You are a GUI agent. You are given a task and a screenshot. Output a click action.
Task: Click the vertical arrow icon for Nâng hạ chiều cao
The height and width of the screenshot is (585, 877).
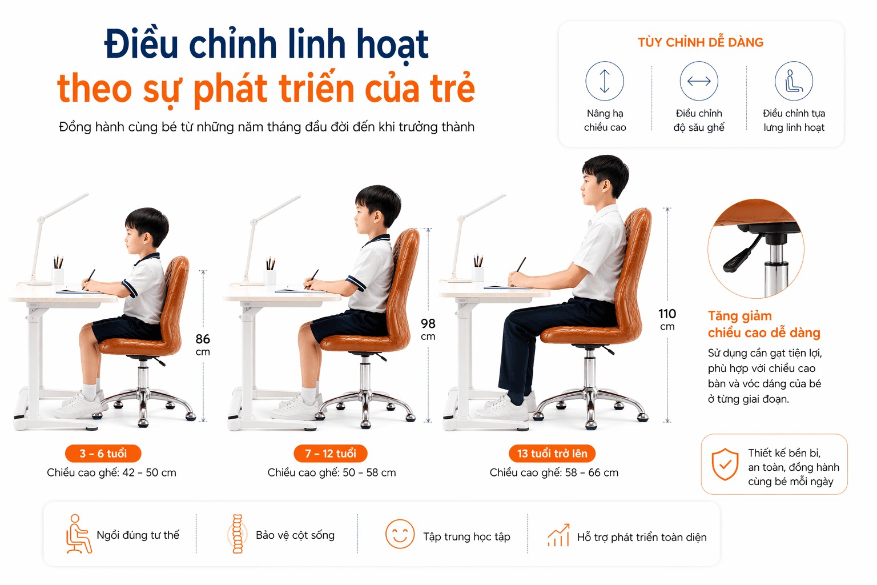click(605, 81)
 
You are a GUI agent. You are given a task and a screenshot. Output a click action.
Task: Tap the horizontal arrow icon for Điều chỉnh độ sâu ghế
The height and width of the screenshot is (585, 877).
click(699, 81)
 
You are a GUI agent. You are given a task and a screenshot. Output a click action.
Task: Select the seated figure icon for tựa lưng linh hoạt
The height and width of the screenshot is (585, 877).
click(794, 81)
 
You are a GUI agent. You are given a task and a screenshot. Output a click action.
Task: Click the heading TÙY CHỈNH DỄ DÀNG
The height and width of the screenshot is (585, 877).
click(701, 42)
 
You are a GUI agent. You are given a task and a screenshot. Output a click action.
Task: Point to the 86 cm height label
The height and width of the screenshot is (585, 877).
click(203, 344)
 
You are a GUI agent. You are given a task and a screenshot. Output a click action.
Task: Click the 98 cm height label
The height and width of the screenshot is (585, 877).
click(428, 329)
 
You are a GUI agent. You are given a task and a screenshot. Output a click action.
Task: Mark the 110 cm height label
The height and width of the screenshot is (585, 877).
click(667, 319)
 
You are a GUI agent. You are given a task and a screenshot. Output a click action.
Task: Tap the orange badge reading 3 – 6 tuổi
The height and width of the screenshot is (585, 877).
click(103, 454)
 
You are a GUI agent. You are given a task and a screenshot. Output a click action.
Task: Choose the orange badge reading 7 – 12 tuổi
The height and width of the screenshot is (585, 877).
click(331, 454)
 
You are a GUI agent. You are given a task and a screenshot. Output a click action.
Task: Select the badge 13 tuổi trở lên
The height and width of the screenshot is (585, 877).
click(552, 454)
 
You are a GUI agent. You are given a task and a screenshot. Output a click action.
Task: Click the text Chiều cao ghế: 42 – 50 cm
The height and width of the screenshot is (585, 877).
click(111, 472)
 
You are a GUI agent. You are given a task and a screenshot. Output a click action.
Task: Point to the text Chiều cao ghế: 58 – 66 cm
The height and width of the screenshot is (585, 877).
click(554, 472)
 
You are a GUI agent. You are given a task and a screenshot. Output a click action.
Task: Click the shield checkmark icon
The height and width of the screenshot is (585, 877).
click(725, 464)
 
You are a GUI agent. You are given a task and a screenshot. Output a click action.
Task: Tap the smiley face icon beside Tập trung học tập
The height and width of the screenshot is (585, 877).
click(400, 534)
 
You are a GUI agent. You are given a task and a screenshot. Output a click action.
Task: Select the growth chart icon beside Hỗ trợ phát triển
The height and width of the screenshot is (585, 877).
click(558, 535)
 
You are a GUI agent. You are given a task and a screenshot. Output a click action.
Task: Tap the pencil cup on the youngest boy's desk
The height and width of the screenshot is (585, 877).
click(58, 274)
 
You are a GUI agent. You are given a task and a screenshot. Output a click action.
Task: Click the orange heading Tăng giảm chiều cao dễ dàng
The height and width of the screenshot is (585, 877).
click(763, 324)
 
